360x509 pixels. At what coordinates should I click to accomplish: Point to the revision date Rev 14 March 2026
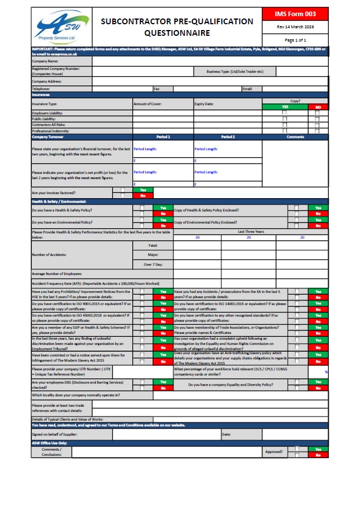click(296, 27)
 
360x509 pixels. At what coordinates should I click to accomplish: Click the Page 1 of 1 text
click(296, 40)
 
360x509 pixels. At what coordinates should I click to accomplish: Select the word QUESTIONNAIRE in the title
click(177, 33)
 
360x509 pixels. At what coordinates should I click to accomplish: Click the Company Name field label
click(45, 61)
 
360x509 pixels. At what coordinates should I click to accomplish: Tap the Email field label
click(247, 89)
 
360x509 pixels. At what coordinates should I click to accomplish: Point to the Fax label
click(157, 89)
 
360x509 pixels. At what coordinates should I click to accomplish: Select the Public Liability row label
click(44, 118)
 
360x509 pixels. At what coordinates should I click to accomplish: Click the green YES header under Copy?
click(284, 107)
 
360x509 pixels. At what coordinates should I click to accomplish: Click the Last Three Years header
click(250, 231)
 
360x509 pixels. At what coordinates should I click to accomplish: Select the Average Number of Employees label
click(57, 273)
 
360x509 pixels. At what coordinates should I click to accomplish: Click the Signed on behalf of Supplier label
click(55, 433)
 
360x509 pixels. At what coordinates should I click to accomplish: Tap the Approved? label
click(273, 451)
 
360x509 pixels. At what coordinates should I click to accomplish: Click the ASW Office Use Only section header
click(50, 443)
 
